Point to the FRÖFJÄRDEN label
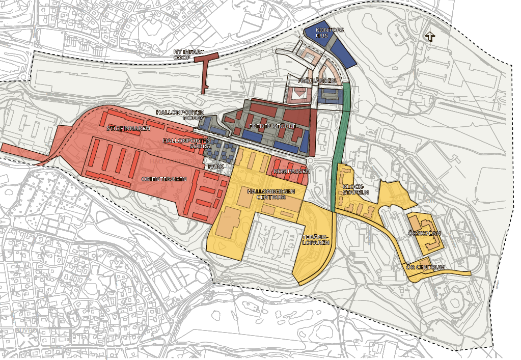(x=317, y=81)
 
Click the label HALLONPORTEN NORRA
(x=180, y=115)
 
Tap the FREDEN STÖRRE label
(x=272, y=125)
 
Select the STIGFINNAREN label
(x=128, y=129)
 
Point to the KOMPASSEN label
(x=291, y=172)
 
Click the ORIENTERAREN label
(x=164, y=179)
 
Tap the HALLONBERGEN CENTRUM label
(x=270, y=194)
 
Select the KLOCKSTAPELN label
(x=355, y=189)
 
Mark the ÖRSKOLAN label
(x=424, y=233)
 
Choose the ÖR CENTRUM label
(x=426, y=267)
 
